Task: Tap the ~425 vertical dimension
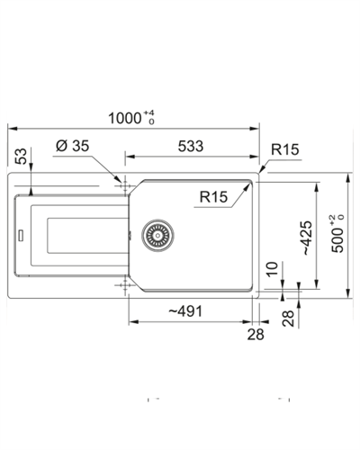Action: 307,238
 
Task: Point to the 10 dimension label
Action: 273,268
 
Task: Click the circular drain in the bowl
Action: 157,236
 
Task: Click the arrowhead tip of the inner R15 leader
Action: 250,184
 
